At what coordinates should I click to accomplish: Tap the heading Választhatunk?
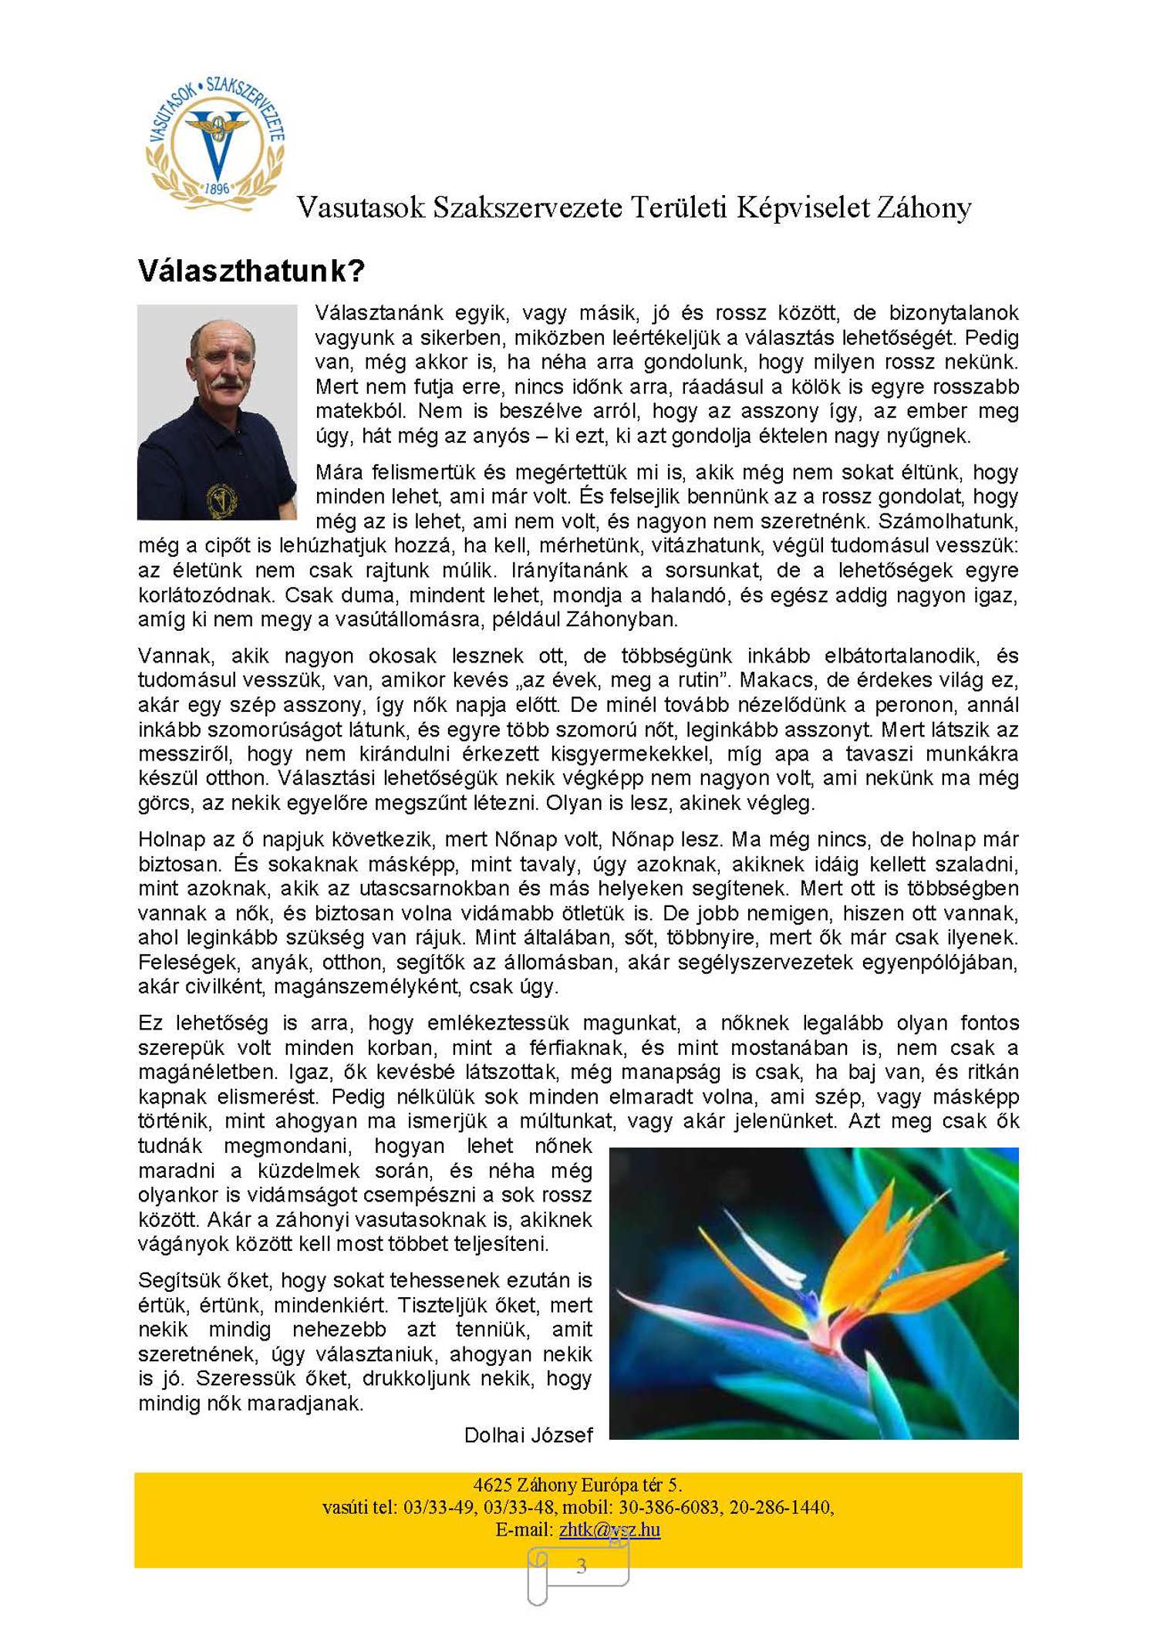point(251,271)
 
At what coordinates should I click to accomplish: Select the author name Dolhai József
point(528,1434)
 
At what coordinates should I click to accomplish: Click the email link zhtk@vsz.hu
point(609,1529)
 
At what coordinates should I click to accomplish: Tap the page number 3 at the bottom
point(582,1566)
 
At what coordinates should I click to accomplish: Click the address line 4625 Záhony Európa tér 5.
point(578,1485)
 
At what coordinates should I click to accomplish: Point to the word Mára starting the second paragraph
point(339,472)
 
